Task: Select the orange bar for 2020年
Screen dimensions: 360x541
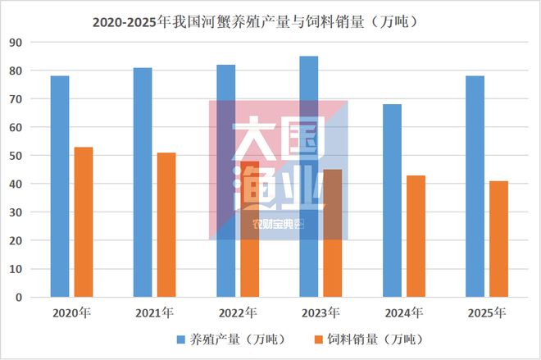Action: (84, 221)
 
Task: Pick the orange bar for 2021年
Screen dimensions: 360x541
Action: (166, 225)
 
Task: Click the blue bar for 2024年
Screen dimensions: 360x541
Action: (392, 200)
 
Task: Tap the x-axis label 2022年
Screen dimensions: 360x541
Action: (238, 312)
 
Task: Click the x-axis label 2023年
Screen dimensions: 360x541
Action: (321, 312)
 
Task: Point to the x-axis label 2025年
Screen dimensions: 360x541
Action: (486, 312)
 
